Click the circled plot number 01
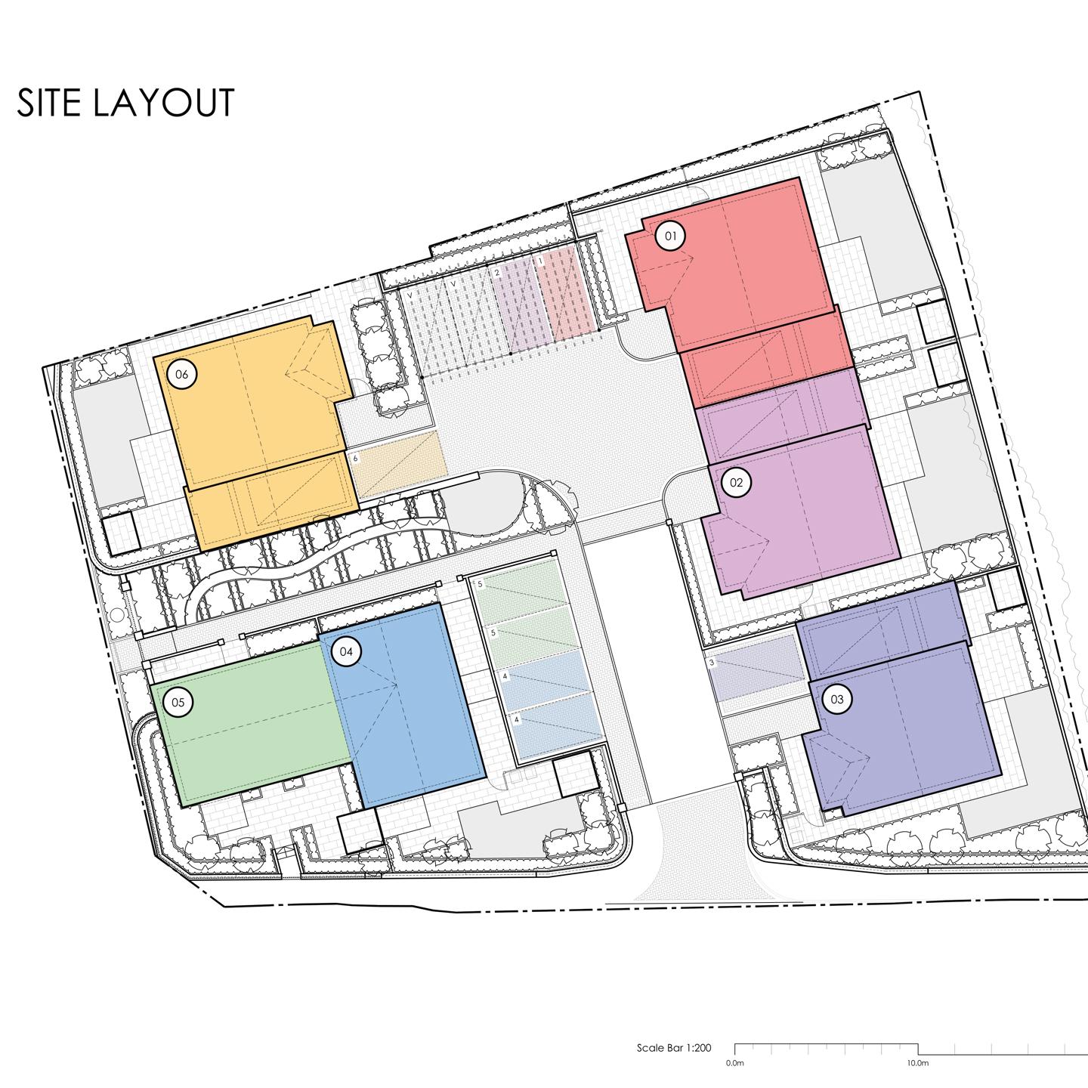(x=669, y=236)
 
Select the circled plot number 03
(x=836, y=700)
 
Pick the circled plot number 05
(x=178, y=703)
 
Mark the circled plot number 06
(x=181, y=374)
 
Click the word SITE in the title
(x=48, y=104)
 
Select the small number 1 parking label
(x=540, y=261)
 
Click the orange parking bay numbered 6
(x=397, y=465)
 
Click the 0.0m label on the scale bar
(x=734, y=1062)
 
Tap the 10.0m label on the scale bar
(x=917, y=1062)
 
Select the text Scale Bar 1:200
(x=674, y=1048)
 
